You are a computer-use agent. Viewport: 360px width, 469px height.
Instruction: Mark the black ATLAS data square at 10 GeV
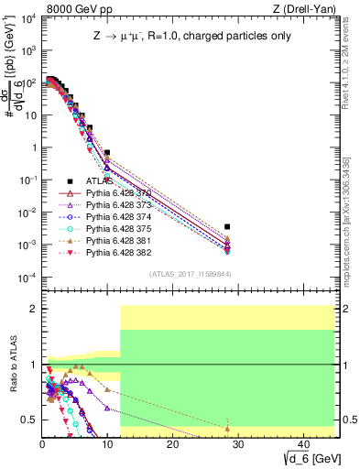tap(107, 153)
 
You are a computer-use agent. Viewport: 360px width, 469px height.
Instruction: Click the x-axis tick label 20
tap(172, 444)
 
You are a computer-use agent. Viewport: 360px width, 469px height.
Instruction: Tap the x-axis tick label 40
tap(302, 444)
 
